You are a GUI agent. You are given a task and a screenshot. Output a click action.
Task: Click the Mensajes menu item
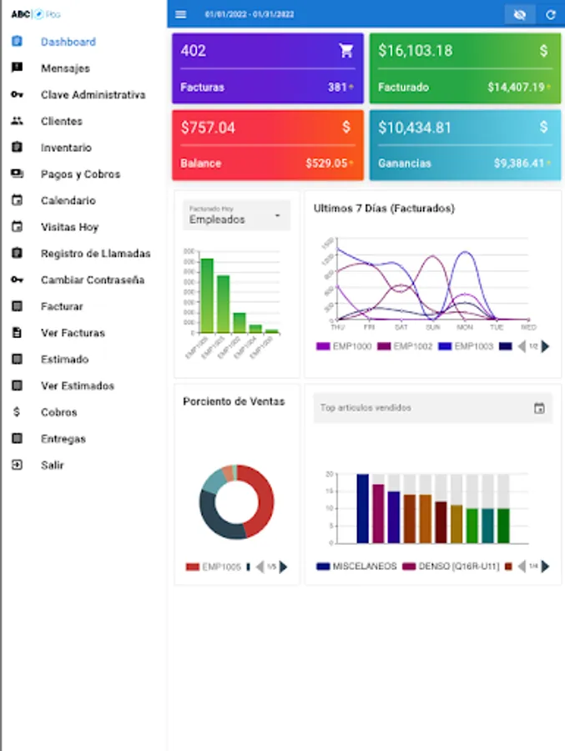[x=65, y=68]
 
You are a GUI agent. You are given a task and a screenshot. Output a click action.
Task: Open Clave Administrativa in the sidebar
[x=93, y=95]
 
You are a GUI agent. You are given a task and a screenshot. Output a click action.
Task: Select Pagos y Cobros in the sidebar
[x=80, y=174]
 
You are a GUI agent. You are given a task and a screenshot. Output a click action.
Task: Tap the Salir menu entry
[x=52, y=465]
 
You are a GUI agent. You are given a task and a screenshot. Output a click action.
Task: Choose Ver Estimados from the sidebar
[x=78, y=386]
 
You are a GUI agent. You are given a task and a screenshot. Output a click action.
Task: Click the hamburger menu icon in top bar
[x=181, y=14]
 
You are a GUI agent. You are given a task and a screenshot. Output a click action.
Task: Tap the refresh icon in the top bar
[x=550, y=14]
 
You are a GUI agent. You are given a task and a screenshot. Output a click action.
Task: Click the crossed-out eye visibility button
[x=520, y=14]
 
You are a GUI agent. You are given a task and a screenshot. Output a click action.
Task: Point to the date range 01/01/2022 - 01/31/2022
[x=250, y=14]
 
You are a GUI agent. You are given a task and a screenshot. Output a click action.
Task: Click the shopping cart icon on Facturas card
[x=346, y=51]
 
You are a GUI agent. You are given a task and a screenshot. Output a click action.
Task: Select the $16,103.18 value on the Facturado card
[x=415, y=51]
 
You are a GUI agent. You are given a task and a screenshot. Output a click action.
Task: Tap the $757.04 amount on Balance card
[x=208, y=128]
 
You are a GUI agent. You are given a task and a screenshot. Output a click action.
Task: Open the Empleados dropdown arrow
[x=277, y=217]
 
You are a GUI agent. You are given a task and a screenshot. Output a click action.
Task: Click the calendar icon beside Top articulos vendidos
[x=539, y=408]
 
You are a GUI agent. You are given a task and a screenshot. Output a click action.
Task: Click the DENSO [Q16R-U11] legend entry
[x=451, y=567]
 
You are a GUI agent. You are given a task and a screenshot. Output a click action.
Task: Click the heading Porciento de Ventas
[x=234, y=401]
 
